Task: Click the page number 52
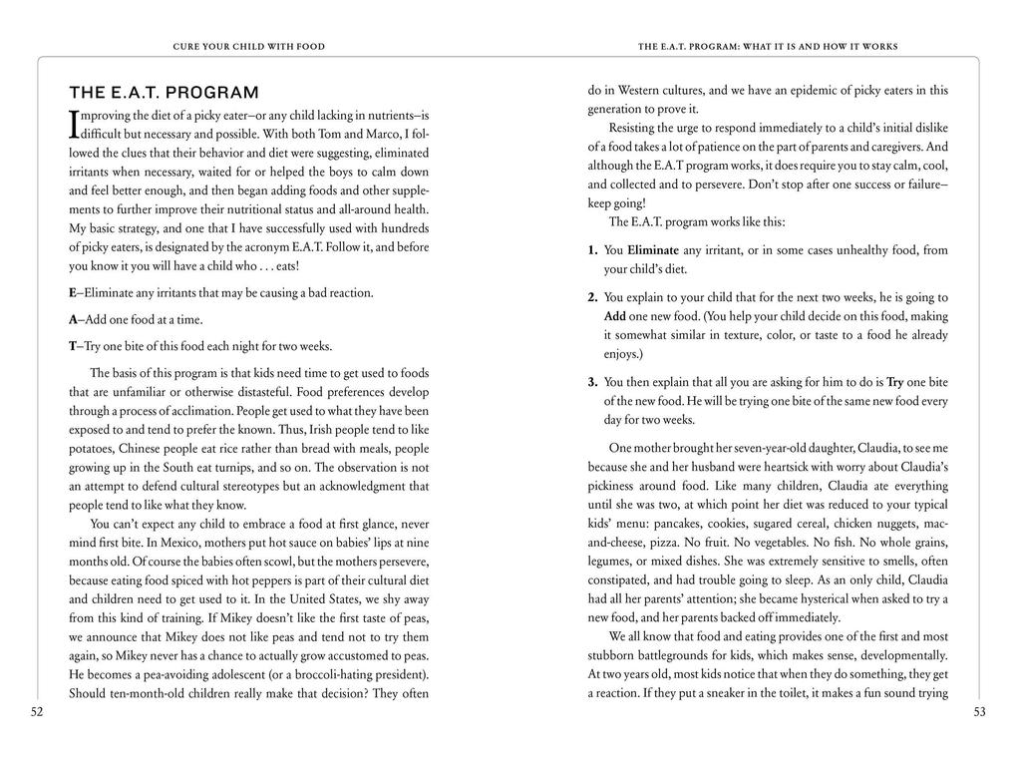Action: (37, 711)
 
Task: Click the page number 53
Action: (979, 711)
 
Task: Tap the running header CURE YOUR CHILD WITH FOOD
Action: (248, 46)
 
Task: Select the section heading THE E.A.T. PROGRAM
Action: (164, 93)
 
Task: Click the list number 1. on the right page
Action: (592, 250)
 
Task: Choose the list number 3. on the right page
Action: (592, 382)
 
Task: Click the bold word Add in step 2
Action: (615, 316)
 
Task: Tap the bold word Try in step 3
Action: (894, 382)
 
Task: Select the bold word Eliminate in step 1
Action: (653, 250)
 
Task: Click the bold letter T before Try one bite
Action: (72, 346)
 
